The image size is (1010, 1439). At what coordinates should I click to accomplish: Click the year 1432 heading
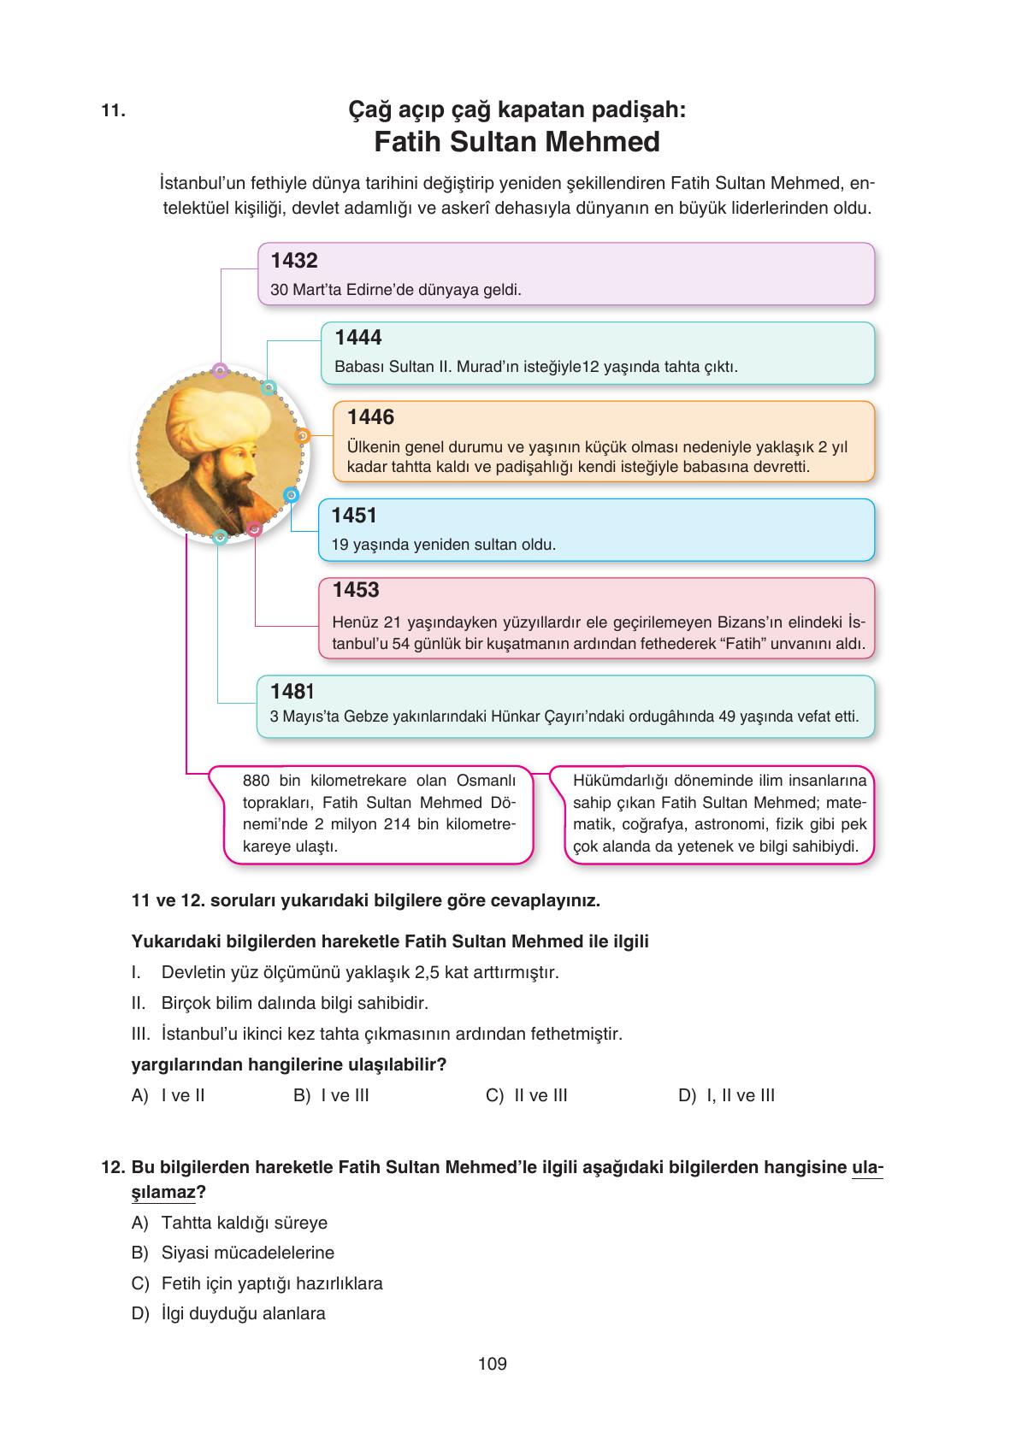pyautogui.click(x=293, y=262)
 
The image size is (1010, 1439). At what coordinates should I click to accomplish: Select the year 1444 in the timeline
pyautogui.click(x=358, y=338)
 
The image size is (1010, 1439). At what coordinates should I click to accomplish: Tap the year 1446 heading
pyautogui.click(x=370, y=417)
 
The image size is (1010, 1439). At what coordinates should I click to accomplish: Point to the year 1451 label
pyautogui.click(x=354, y=516)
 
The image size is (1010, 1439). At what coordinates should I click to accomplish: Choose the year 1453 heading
pyautogui.click(x=356, y=590)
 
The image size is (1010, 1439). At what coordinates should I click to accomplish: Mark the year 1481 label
pyautogui.click(x=292, y=691)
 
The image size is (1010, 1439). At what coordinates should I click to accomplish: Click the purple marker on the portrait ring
pyautogui.click(x=220, y=371)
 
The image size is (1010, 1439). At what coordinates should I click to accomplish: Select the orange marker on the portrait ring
pyautogui.click(x=301, y=436)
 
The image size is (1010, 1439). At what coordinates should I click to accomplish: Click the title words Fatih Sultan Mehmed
pyautogui.click(x=517, y=142)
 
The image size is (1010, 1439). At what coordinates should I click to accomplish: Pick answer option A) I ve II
pyautogui.click(x=168, y=1095)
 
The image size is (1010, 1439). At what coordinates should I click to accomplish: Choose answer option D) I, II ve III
pyautogui.click(x=726, y=1095)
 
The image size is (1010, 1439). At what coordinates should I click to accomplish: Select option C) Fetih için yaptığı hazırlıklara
pyautogui.click(x=257, y=1283)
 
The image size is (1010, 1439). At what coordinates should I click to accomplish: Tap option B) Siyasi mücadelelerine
pyautogui.click(x=233, y=1253)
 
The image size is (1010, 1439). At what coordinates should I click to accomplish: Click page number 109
pyautogui.click(x=493, y=1364)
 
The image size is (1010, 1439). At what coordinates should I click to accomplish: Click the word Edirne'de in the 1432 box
pyautogui.click(x=378, y=290)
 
